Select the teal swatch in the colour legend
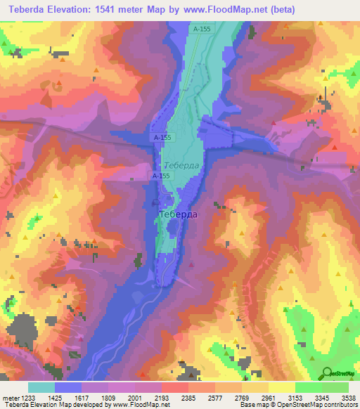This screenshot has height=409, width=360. click(41, 387)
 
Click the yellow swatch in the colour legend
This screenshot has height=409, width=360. click(281, 387)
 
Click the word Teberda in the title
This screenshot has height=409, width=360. click(28, 9)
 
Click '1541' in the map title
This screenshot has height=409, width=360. click(117, 9)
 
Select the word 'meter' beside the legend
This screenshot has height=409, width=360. click(9, 398)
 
